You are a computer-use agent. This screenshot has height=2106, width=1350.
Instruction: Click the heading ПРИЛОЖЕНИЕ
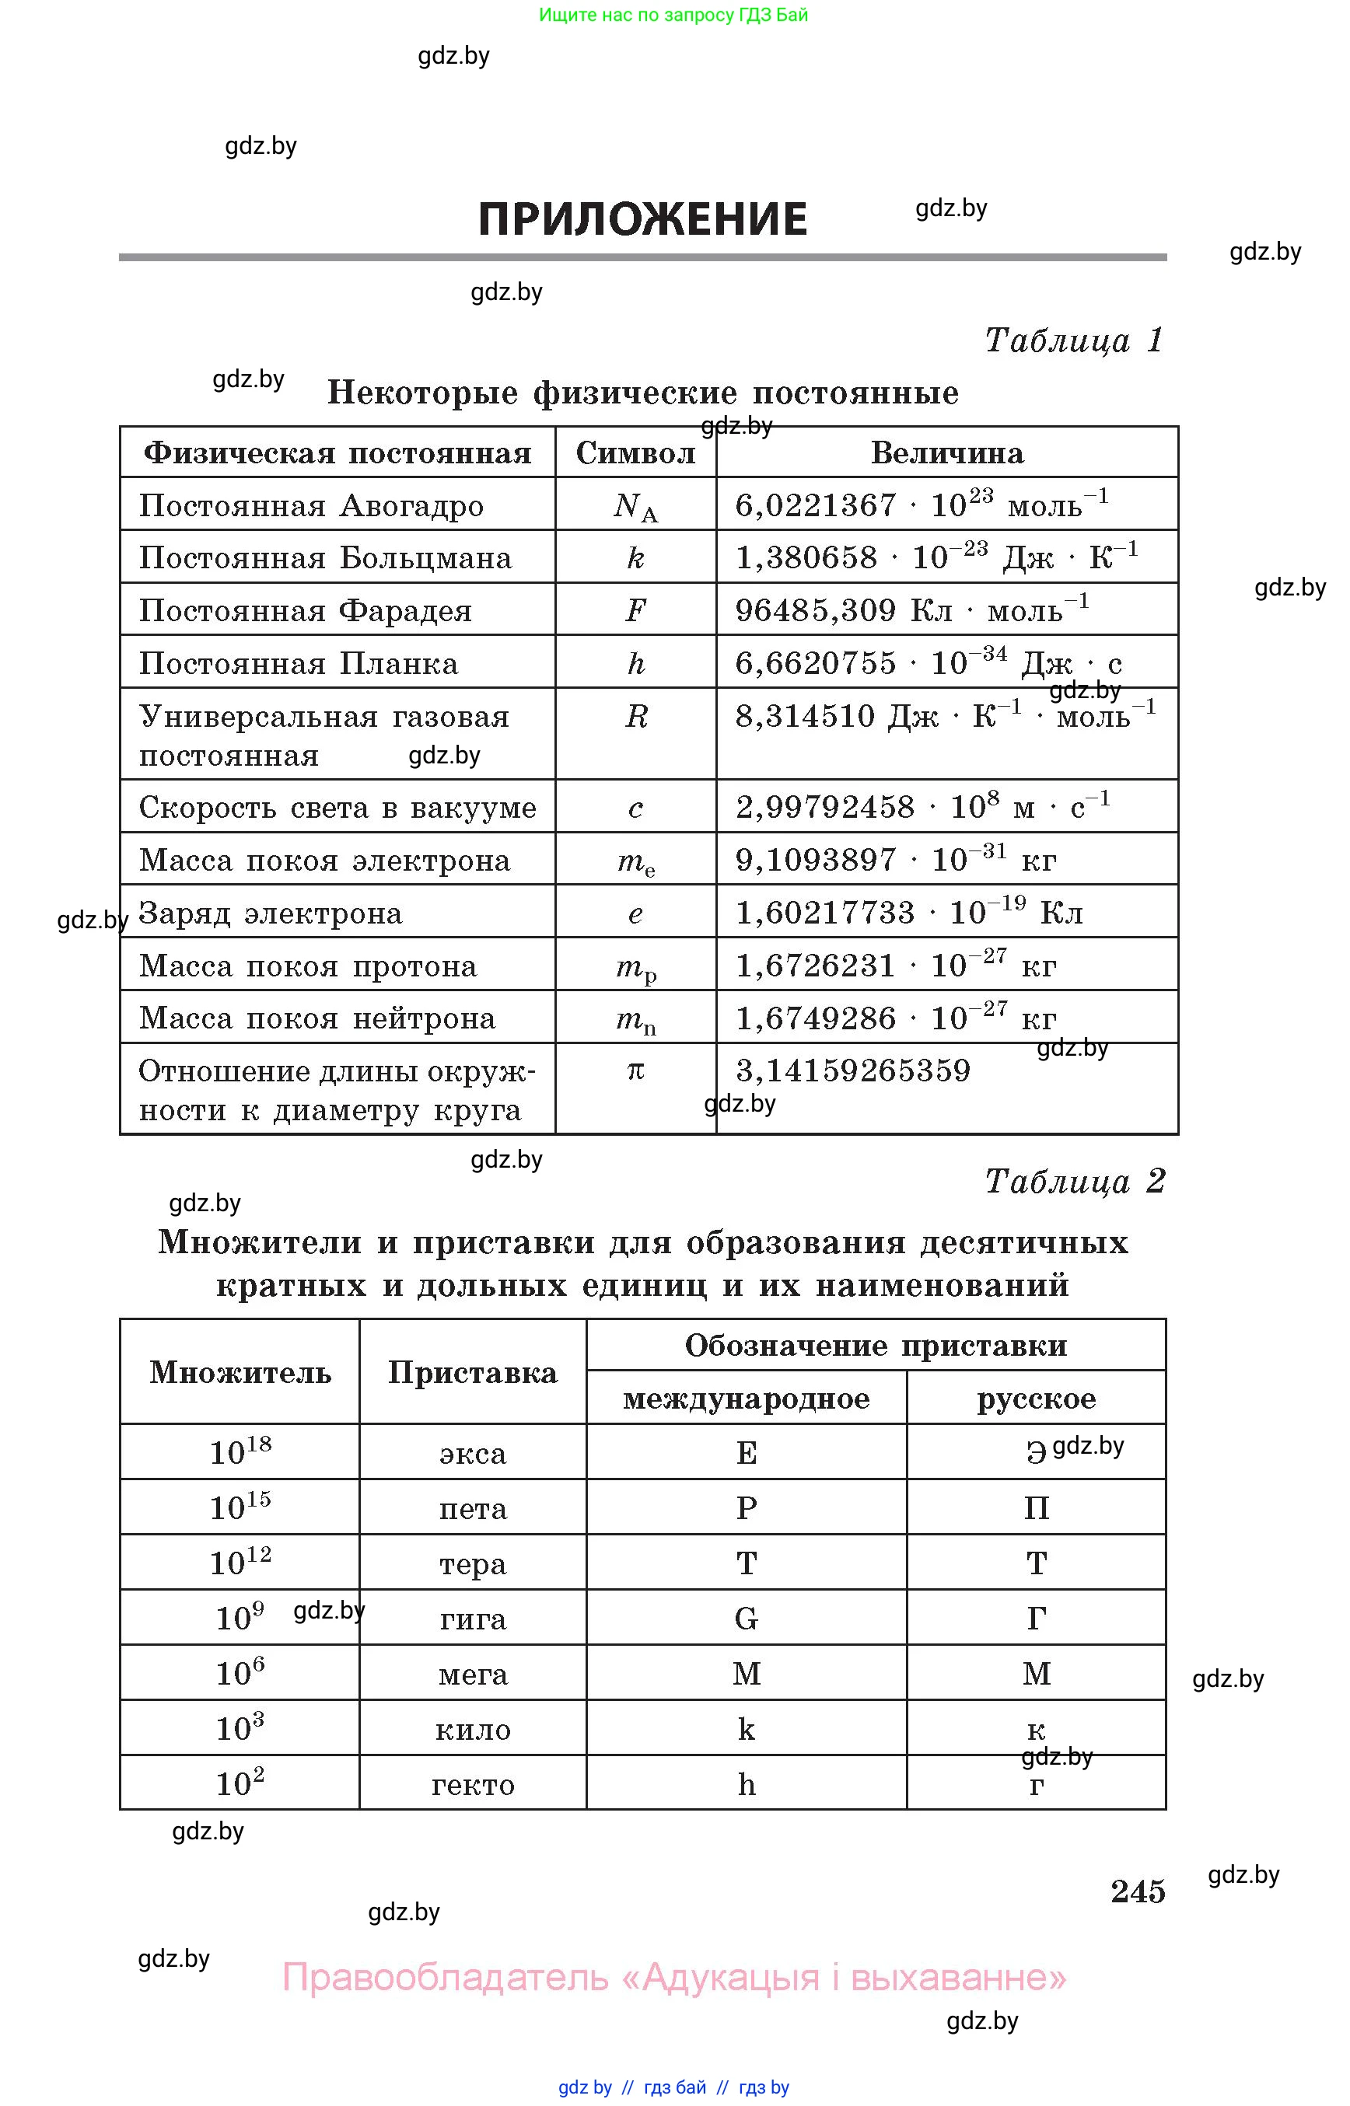[x=642, y=219]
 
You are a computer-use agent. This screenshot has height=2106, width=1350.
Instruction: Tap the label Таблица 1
[x=1074, y=340]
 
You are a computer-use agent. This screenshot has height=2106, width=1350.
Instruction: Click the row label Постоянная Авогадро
[x=311, y=505]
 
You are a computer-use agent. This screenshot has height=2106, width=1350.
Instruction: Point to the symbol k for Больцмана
[x=635, y=558]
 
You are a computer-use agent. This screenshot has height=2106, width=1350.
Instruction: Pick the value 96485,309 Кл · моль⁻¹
[x=911, y=610]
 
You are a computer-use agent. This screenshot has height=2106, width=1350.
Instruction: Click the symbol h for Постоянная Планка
[x=635, y=663]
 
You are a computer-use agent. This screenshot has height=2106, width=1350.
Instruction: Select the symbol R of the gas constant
[x=635, y=717]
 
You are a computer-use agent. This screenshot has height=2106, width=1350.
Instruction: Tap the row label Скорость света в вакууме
[x=337, y=807]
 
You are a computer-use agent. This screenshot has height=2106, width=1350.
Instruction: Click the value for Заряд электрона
[x=909, y=913]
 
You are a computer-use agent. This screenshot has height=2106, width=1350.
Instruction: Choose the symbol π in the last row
[x=635, y=1070]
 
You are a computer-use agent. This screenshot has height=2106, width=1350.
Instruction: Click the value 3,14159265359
[x=853, y=1070]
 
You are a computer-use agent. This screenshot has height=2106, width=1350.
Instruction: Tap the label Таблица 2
[x=1074, y=1182]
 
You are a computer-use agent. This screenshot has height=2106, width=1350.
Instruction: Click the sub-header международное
[x=746, y=1399]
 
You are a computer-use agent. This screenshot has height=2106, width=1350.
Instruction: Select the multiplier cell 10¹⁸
[x=240, y=1452]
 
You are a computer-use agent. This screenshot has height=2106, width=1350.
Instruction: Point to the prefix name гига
[x=473, y=1619]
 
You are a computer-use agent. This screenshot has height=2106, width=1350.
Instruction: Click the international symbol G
[x=746, y=1619]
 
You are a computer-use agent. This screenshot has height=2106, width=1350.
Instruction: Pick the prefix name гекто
[x=473, y=1784]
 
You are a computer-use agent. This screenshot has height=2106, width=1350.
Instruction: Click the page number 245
[x=1137, y=1891]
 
